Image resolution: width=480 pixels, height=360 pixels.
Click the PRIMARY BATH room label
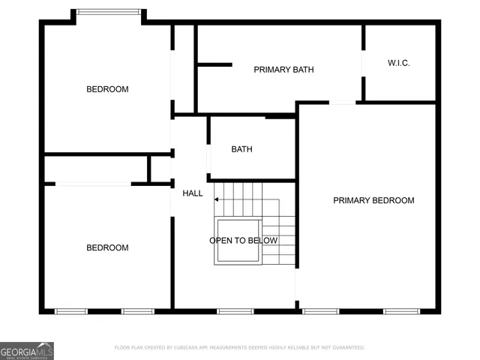(x=283, y=70)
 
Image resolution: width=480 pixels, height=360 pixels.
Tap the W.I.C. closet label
(x=398, y=63)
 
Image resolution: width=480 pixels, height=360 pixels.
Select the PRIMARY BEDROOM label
(x=373, y=200)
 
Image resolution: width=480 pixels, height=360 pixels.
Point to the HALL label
(x=193, y=193)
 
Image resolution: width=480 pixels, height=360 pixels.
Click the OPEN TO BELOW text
(x=243, y=241)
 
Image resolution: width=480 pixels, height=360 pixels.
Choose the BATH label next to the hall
(x=241, y=149)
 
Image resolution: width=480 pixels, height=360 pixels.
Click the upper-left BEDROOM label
(x=107, y=89)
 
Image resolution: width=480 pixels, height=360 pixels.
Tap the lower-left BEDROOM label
(x=107, y=247)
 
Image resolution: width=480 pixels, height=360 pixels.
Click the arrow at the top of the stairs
(x=217, y=199)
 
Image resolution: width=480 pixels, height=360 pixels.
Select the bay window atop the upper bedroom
(x=109, y=12)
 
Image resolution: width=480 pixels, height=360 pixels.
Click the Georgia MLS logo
(x=27, y=350)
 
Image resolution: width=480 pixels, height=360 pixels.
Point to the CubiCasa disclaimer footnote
(x=239, y=348)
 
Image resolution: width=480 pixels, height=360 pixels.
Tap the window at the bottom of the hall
(x=235, y=311)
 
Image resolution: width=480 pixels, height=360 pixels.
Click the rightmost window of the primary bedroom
(x=400, y=311)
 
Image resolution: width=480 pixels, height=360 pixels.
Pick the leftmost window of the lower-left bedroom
(x=71, y=311)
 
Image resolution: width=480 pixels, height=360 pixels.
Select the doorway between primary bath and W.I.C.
(x=364, y=63)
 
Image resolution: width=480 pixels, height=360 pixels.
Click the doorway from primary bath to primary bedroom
(x=343, y=103)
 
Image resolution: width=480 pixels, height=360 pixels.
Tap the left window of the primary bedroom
(x=320, y=311)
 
